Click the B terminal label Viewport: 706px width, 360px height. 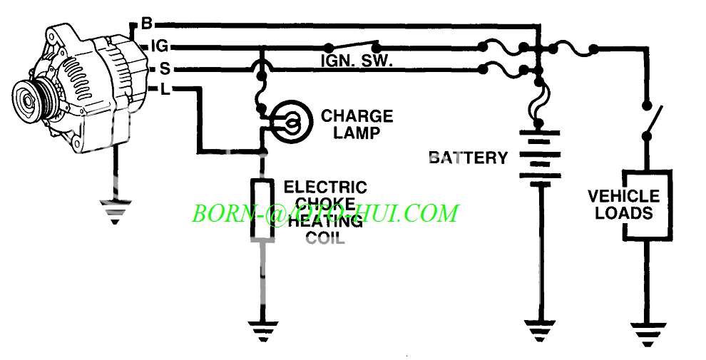146,24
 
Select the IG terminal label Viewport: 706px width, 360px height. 159,46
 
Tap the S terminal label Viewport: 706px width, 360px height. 164,69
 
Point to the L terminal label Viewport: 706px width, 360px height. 165,89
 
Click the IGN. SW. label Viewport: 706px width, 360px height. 356,62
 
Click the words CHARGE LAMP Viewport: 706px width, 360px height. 357,123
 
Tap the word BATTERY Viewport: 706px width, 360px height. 468,158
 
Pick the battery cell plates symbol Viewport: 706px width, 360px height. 541,157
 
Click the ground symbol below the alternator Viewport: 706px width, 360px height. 115,211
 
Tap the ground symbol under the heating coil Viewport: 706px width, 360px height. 263,331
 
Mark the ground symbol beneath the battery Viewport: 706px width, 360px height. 541,331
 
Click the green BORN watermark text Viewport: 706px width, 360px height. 325,213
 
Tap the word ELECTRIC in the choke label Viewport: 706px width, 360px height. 325,187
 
